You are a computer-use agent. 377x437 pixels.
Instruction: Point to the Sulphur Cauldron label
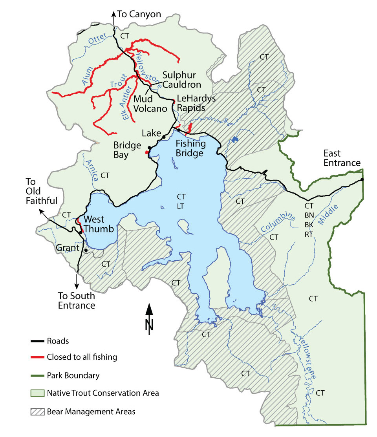[x=181, y=79]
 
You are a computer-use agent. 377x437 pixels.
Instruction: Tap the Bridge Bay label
[x=127, y=150]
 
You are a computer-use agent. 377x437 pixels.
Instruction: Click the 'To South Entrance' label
[x=77, y=300]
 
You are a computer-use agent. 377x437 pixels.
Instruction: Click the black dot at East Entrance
[x=362, y=180]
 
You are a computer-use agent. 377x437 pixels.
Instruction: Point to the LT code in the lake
[x=181, y=205]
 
